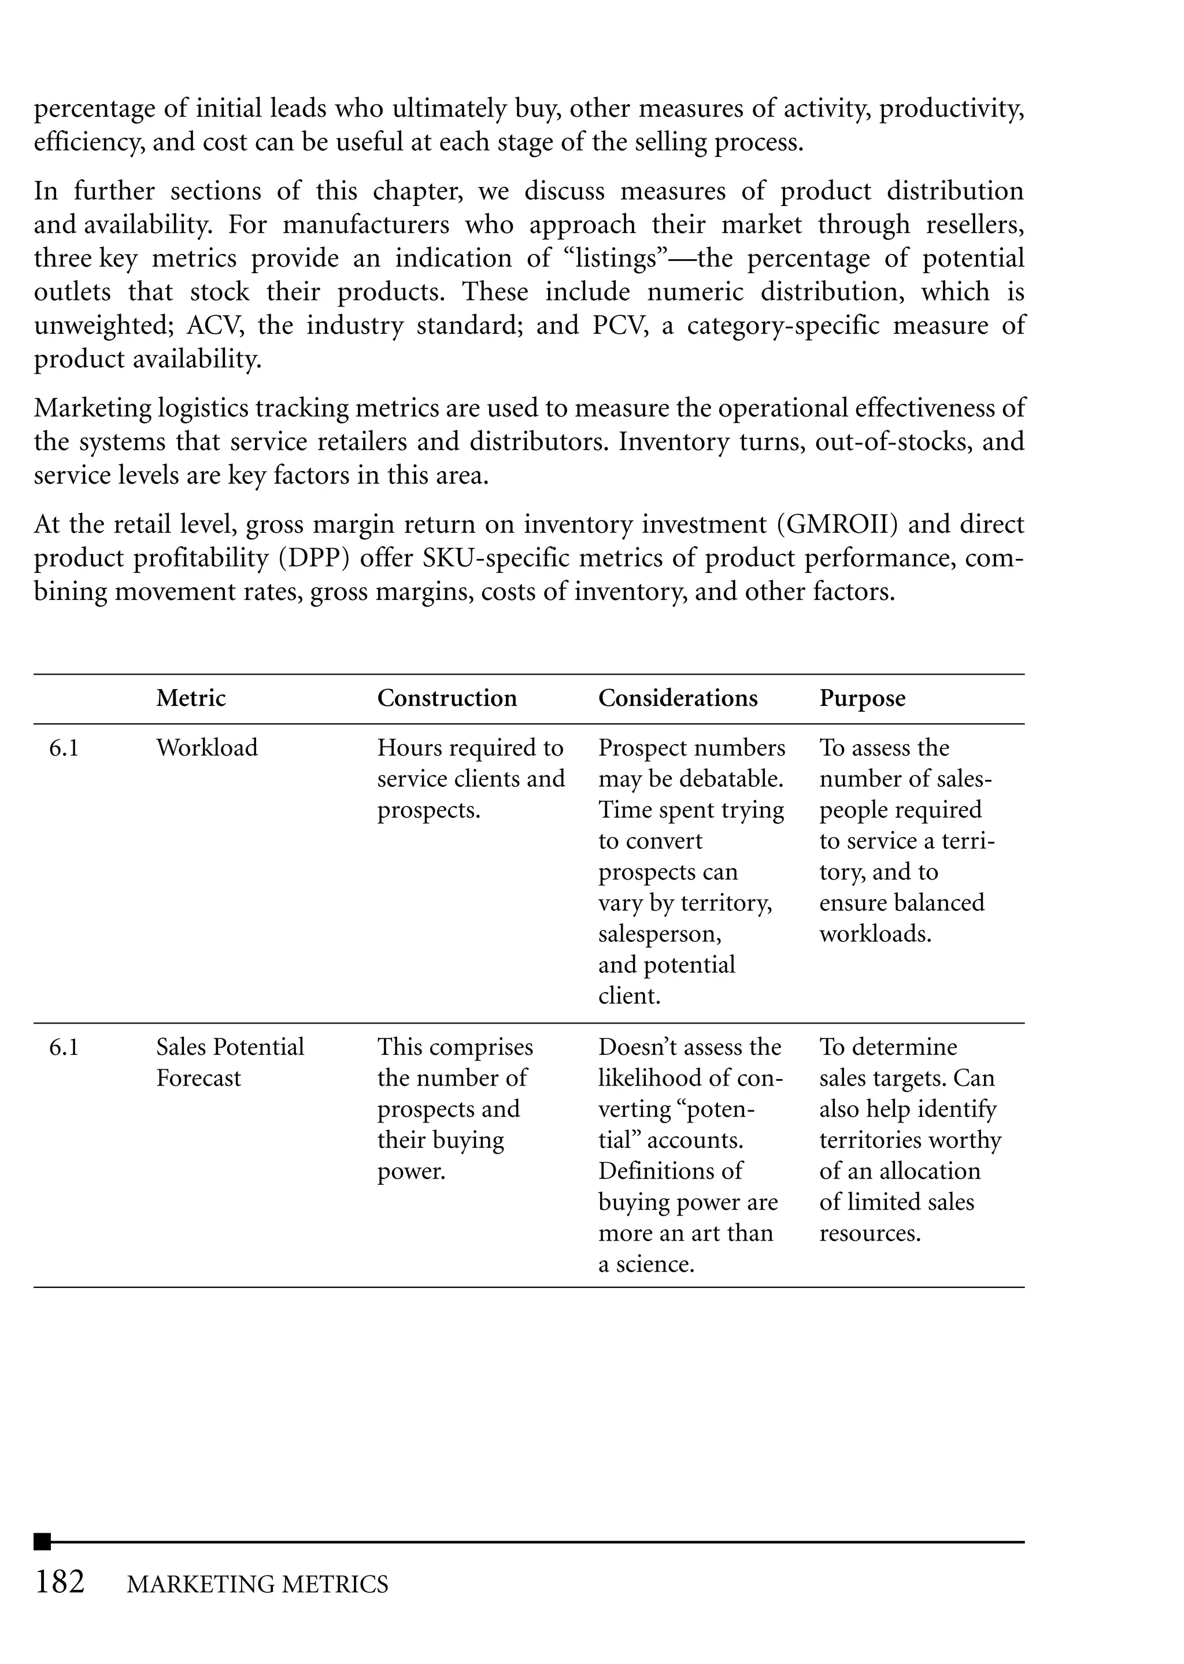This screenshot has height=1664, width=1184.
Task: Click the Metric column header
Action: pos(190,698)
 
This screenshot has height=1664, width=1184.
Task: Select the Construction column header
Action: pos(446,698)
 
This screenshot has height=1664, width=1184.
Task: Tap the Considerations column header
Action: pos(678,698)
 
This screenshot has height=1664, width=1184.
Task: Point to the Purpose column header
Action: pos(862,698)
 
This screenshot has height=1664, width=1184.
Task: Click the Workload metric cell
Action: pos(206,748)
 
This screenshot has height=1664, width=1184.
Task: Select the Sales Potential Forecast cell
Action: pos(229,1062)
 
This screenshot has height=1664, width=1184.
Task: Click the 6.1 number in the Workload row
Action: pos(64,748)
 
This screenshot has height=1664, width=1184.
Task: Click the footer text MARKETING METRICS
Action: pos(257,1584)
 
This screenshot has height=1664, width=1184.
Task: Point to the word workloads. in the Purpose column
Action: pos(875,934)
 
